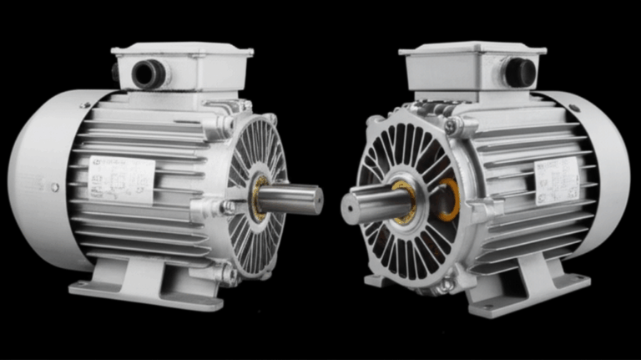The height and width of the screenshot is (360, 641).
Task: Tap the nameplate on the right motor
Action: tap(557, 180)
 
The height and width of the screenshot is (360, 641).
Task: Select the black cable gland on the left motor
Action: tap(149, 74)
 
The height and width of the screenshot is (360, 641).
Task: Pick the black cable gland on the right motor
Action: tap(518, 72)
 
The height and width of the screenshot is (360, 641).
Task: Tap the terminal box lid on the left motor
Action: tap(182, 51)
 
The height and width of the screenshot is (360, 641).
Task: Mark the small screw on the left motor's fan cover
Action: tap(55, 188)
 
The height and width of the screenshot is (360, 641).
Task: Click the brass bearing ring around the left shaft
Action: tap(258, 199)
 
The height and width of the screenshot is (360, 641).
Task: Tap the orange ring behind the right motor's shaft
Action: tap(449, 200)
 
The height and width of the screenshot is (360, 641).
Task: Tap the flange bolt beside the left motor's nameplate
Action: tap(226, 207)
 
